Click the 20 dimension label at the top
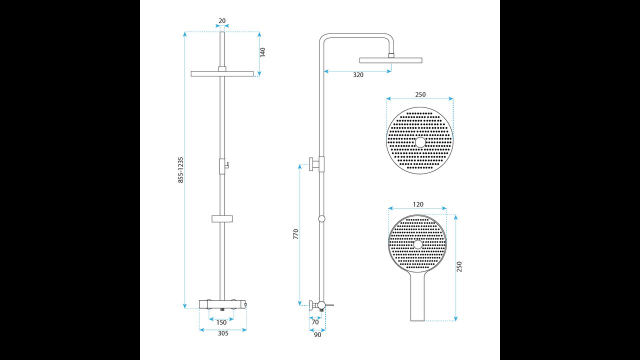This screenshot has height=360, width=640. (222, 21)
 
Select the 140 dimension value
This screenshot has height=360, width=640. (262, 52)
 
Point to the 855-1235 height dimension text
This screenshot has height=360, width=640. (180, 170)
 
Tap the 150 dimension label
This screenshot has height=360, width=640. (221, 322)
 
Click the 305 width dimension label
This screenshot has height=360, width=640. (223, 333)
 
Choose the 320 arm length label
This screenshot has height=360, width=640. (358, 75)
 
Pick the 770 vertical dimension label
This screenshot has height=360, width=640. (295, 234)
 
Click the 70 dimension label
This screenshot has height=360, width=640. (315, 322)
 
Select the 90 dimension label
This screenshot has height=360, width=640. (317, 335)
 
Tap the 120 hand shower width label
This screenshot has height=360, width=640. (418, 204)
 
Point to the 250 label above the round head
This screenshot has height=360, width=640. (420, 94)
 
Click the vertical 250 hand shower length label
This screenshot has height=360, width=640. (459, 266)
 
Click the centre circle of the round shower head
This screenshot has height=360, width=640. (420, 142)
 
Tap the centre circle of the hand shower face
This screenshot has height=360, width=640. (417, 244)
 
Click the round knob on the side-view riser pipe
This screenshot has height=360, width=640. (321, 219)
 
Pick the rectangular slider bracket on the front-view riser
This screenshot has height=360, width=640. (222, 219)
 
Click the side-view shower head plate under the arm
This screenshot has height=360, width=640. (391, 60)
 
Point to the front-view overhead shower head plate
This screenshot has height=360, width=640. (222, 73)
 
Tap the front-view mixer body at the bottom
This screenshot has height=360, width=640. (222, 304)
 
